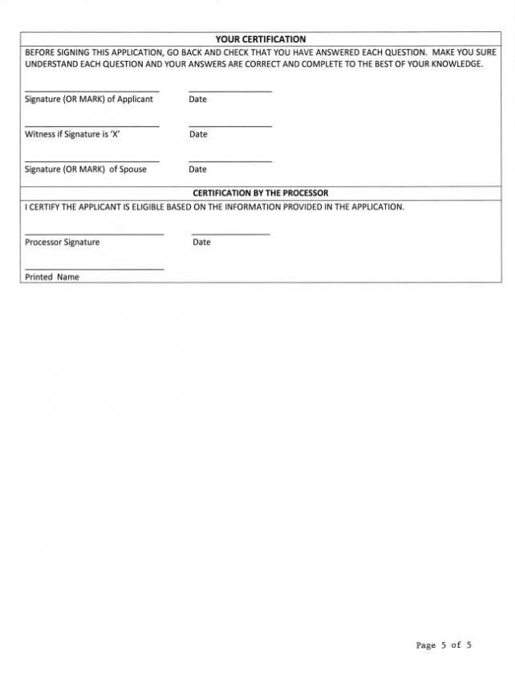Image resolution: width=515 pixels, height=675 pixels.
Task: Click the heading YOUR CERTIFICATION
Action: [x=261, y=39]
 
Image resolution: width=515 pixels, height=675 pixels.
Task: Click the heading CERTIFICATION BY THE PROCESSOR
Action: [x=261, y=193]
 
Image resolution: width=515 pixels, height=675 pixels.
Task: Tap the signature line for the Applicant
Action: [x=91, y=91]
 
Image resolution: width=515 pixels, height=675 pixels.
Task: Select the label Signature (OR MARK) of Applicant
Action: [x=89, y=100]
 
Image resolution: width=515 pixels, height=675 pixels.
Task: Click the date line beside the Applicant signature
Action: [x=230, y=91]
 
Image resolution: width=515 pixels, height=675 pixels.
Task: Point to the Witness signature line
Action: [x=91, y=126]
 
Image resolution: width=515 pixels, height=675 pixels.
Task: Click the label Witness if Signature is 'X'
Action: [x=72, y=134]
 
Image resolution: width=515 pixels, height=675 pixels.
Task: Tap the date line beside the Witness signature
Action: [x=230, y=126]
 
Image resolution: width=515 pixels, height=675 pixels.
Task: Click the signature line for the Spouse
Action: [x=91, y=161]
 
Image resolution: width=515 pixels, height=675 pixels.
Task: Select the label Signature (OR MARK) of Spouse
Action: [x=86, y=169]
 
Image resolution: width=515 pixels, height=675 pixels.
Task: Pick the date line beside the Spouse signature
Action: [x=230, y=161]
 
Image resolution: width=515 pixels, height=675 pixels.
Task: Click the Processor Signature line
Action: [x=94, y=234]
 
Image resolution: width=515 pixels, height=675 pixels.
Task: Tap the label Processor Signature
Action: [x=63, y=242]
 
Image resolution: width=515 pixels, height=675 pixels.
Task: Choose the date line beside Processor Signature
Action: [x=231, y=234]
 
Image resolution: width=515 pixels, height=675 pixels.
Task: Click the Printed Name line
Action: [x=94, y=269]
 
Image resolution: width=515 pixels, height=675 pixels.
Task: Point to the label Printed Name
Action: [x=52, y=277]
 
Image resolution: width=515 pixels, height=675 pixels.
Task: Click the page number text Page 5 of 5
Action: [x=444, y=645]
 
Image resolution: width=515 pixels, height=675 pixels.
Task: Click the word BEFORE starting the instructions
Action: [x=40, y=52]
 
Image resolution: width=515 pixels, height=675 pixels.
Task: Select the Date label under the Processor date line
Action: [x=201, y=242]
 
